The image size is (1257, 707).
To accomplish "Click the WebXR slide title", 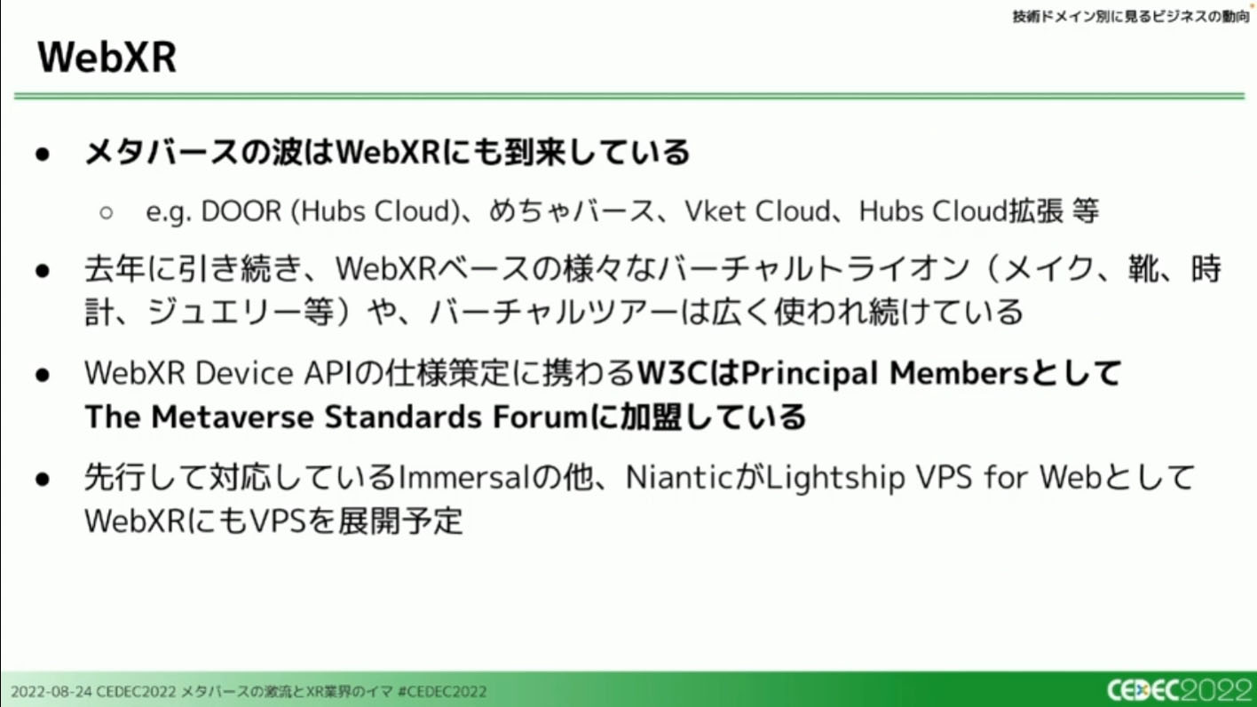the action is tap(107, 57).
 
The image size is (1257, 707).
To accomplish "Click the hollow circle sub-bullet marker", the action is tap(106, 213).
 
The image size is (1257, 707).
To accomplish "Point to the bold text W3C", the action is tap(672, 373).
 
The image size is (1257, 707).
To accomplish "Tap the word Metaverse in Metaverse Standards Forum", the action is tap(233, 417).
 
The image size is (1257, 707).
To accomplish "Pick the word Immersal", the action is tap(463, 477).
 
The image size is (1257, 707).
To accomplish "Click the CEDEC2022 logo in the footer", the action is tap(1180, 690).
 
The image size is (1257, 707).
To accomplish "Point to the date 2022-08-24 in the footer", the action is tap(51, 691).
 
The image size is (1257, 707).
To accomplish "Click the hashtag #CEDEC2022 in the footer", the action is tap(442, 691).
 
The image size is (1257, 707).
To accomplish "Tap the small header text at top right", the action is tap(1131, 17).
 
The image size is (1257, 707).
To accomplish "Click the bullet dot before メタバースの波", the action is tap(43, 155).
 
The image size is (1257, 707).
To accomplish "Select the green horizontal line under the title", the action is tap(629, 96).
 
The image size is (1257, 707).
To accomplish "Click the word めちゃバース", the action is tap(571, 211).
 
